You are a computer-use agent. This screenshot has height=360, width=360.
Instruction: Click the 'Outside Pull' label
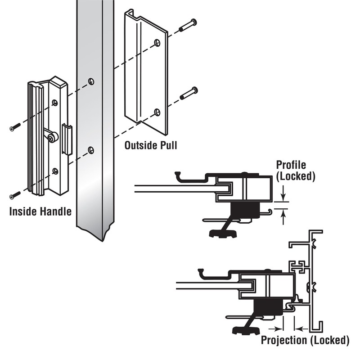point(151,145)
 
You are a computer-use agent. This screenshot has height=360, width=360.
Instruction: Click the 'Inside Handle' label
point(40,211)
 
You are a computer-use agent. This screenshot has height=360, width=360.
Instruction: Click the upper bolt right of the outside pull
point(188,25)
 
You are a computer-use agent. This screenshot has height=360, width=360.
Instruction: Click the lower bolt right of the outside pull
point(189,93)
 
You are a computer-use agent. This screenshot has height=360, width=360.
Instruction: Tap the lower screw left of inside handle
point(14,195)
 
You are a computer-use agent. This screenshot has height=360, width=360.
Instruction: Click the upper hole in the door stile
point(91,81)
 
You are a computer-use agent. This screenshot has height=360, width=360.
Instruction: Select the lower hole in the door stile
point(91,149)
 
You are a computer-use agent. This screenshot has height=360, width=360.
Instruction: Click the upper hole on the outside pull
point(157,43)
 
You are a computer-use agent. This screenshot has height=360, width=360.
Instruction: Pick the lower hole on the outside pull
point(157,111)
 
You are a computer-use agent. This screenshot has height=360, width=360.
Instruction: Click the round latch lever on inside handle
point(52,136)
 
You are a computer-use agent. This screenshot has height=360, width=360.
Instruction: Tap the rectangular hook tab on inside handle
point(67,139)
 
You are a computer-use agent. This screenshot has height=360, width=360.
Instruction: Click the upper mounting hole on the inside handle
point(55,103)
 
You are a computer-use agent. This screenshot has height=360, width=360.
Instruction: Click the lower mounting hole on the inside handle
point(55,171)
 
